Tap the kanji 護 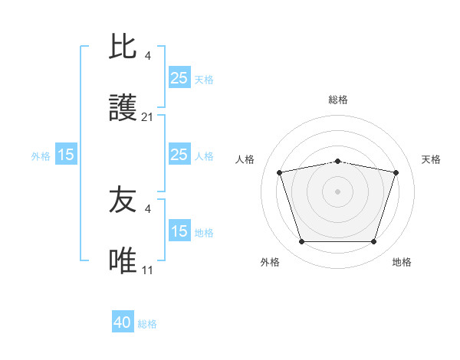point(123,109)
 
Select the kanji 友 point(123,201)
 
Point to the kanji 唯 point(123,262)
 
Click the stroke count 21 point(148,117)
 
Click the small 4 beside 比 point(148,55)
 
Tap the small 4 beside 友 point(148,208)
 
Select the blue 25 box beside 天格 point(179,78)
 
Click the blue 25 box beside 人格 point(179,155)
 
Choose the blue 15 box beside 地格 point(179,231)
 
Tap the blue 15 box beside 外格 point(66,155)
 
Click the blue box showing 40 point(123,323)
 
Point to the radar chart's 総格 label point(337,100)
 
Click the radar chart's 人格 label point(246,159)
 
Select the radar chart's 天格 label point(432,159)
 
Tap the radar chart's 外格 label point(270,262)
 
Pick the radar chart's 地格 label point(402,262)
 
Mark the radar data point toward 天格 point(396,172)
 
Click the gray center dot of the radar point(337,191)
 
